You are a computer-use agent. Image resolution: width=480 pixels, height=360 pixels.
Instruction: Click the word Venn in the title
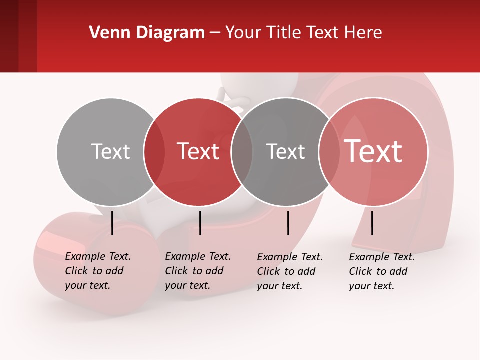pyautogui.click(x=105, y=33)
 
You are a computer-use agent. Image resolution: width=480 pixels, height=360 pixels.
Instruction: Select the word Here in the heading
pyautogui.click(x=364, y=33)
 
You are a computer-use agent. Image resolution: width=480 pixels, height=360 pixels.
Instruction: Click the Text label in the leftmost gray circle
pyautogui.click(x=110, y=151)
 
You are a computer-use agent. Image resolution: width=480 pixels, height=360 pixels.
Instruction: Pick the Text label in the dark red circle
pyautogui.click(x=198, y=151)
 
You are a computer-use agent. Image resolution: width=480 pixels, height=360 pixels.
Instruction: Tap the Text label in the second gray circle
pyautogui.click(x=285, y=151)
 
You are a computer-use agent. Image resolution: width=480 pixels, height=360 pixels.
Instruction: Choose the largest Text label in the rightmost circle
pyautogui.click(x=373, y=151)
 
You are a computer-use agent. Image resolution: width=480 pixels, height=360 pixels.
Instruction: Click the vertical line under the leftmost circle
pyautogui.click(x=112, y=223)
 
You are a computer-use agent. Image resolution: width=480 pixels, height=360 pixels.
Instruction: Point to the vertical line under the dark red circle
pyautogui.click(x=200, y=223)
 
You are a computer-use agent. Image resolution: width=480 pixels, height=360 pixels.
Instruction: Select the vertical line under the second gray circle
pyautogui.click(x=288, y=223)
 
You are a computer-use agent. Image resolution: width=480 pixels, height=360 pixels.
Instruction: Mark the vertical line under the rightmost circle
pyautogui.click(x=372, y=223)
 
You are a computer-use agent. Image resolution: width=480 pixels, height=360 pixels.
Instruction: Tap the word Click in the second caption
pyautogui.click(x=177, y=271)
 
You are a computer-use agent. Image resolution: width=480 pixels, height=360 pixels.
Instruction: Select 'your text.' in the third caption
pyautogui.click(x=279, y=286)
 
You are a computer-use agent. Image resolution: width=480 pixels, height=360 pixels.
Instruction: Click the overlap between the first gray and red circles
pyautogui.click(x=155, y=151)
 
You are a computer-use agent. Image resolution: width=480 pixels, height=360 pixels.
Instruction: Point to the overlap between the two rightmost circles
pyautogui.click(x=329, y=151)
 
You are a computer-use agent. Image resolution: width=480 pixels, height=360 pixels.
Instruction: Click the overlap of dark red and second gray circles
pyautogui.click(x=242, y=151)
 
